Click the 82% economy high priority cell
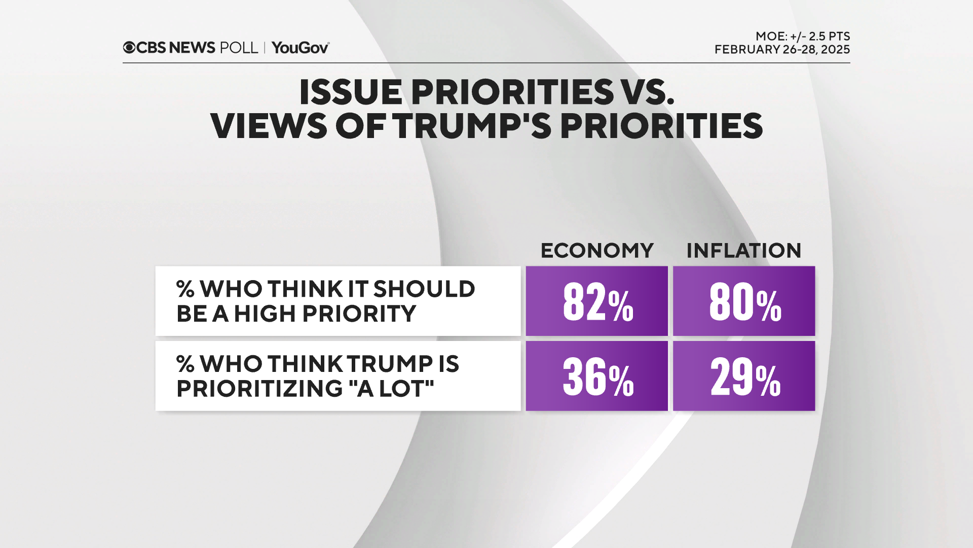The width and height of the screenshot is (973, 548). pos(596,301)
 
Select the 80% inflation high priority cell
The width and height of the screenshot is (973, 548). pos(743,301)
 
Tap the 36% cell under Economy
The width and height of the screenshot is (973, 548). pos(596,376)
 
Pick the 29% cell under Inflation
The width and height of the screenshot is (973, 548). pos(743,376)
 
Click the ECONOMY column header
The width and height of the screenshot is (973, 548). pos(597,251)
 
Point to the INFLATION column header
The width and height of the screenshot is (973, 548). pos(743,251)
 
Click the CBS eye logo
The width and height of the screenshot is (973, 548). pos(129,48)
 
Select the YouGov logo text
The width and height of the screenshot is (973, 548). pos(301,48)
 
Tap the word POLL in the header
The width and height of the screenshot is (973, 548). pos(239,48)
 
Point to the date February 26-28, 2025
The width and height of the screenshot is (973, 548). pos(782,50)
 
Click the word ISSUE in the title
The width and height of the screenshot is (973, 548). pos(351,92)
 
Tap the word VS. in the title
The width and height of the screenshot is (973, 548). pos(649,92)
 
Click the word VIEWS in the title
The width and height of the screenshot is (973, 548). pos(269,126)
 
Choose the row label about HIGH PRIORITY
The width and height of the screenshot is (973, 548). pos(325,301)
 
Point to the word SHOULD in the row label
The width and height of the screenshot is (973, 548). pos(424,289)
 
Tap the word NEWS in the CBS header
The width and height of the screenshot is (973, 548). pos(192,48)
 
